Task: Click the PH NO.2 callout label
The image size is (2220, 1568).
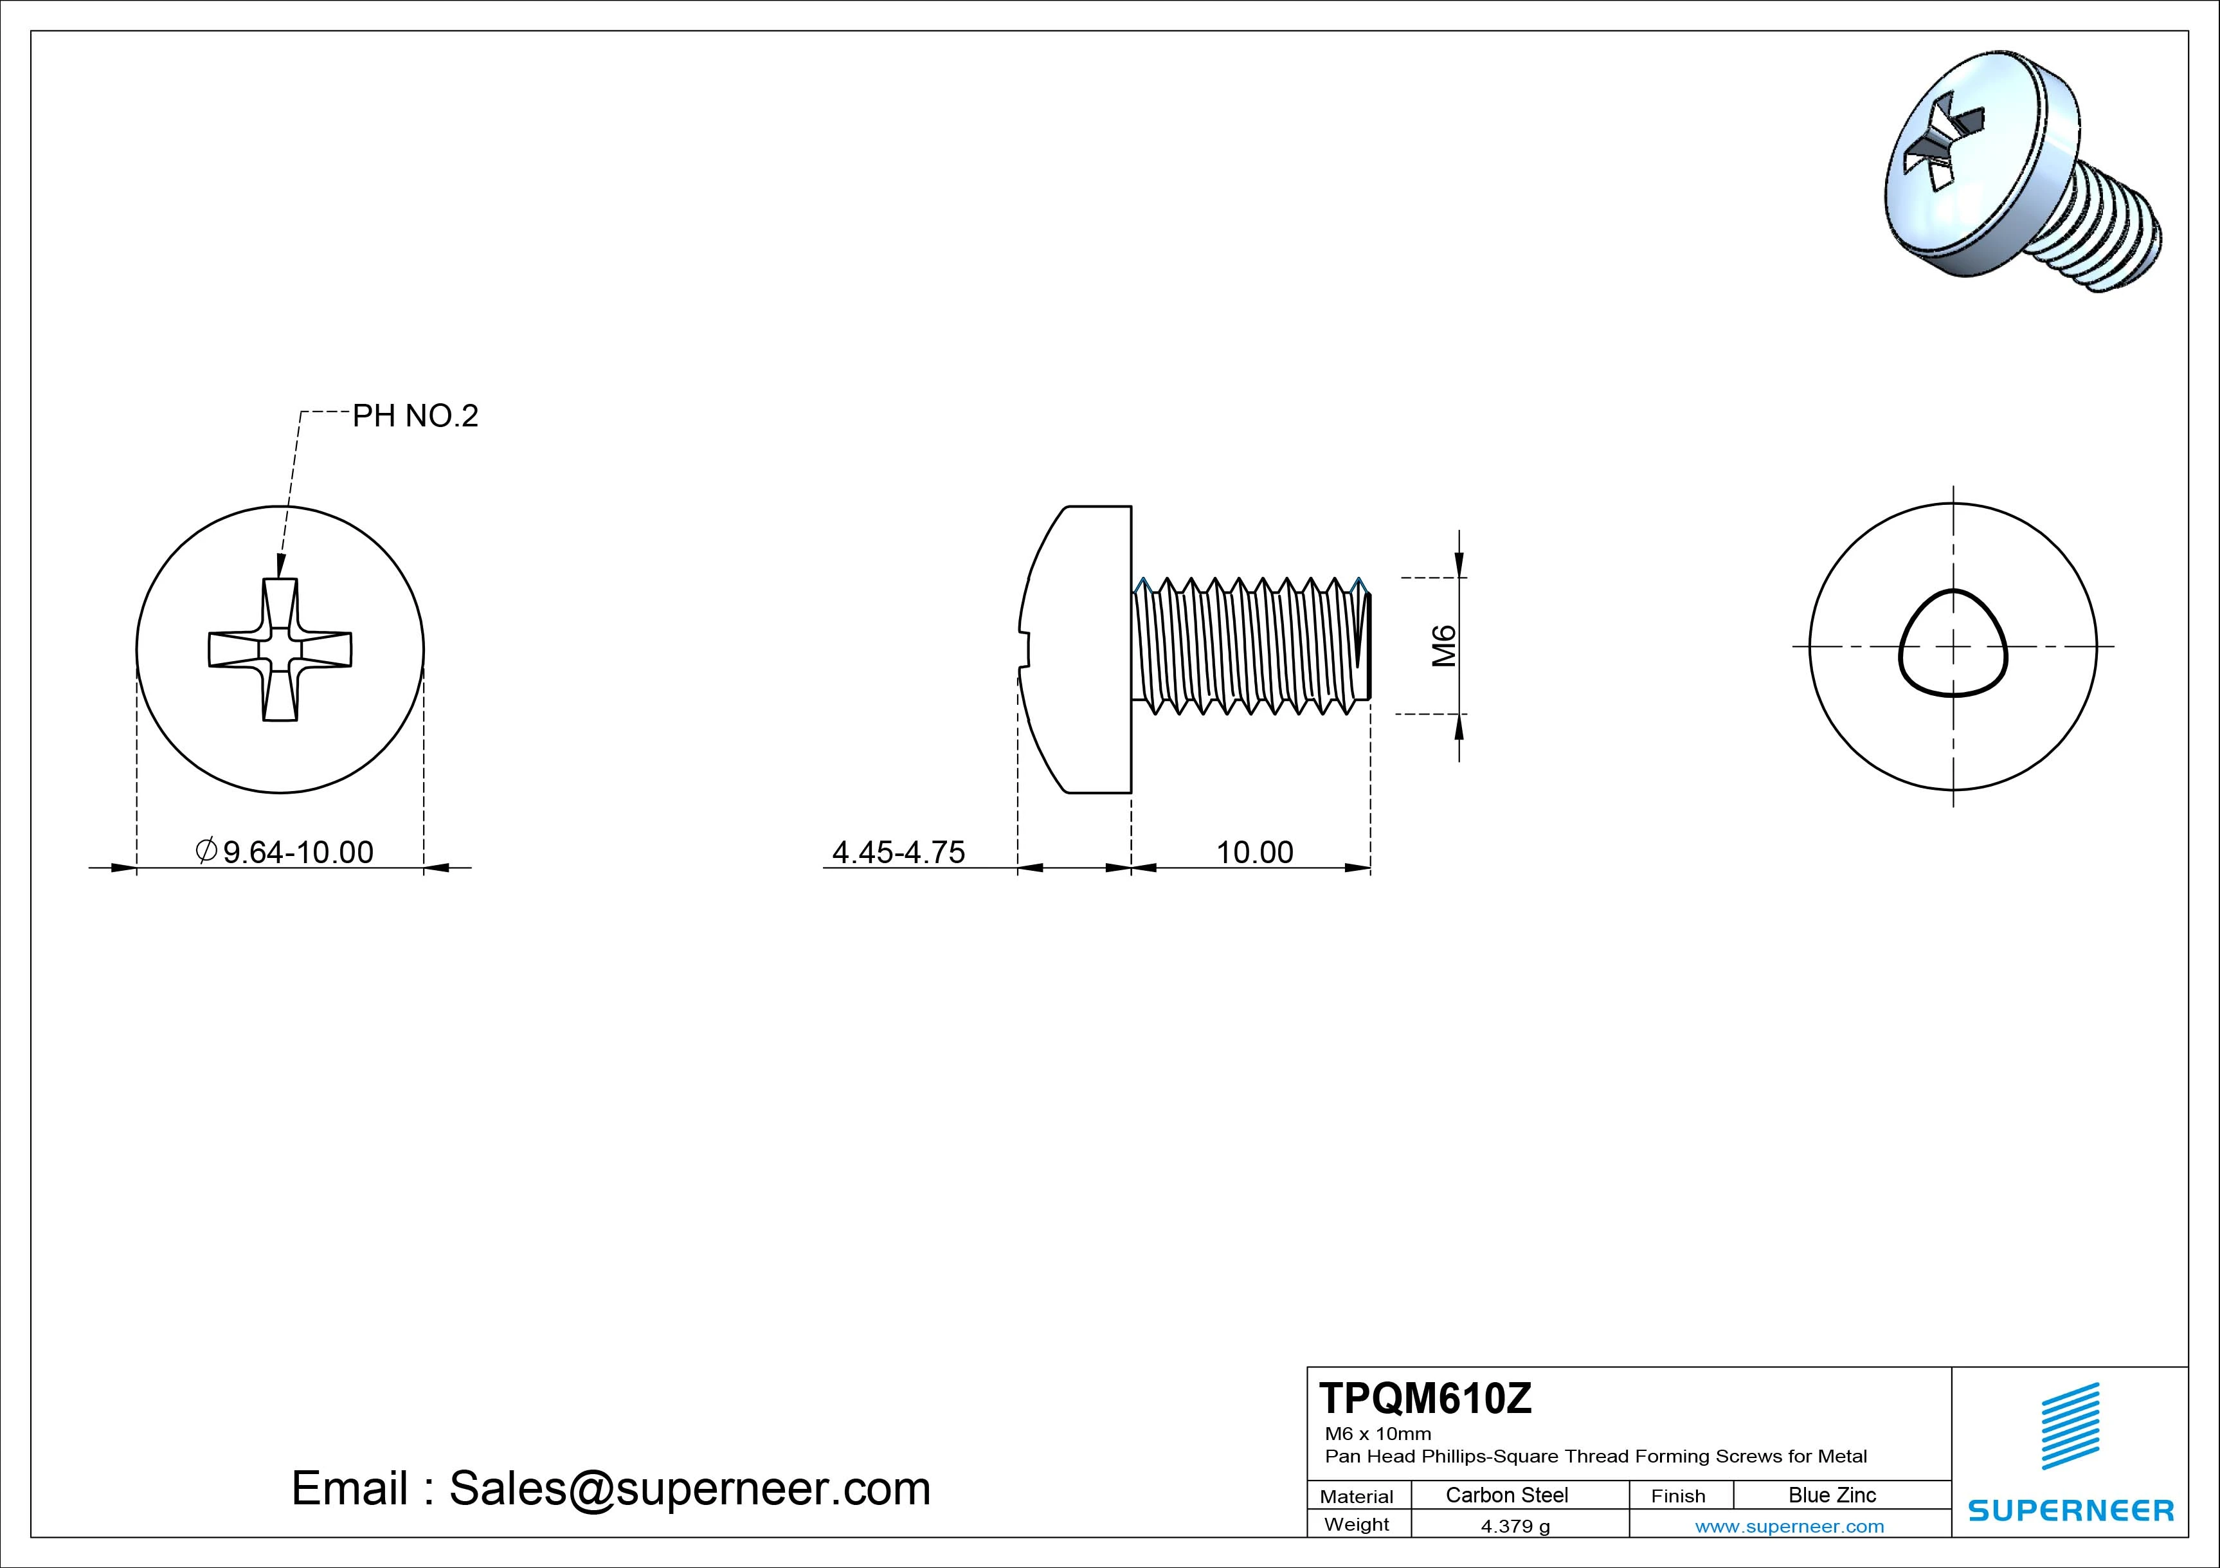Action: point(415,416)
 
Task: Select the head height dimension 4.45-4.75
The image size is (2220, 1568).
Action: point(898,852)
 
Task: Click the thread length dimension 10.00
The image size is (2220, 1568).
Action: point(1254,852)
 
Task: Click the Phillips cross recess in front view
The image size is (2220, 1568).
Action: point(280,649)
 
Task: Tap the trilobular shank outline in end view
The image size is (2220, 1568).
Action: point(1953,643)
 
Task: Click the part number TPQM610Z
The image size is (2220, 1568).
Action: point(1425,1399)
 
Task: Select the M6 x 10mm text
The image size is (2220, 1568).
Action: point(1378,1434)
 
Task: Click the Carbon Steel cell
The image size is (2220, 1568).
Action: point(1506,1495)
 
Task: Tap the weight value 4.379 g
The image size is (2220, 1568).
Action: point(1515,1526)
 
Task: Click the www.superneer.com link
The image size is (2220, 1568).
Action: point(1789,1526)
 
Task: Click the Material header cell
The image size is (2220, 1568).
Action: point(1357,1497)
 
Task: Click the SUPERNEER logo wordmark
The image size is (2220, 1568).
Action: point(2071,1510)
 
